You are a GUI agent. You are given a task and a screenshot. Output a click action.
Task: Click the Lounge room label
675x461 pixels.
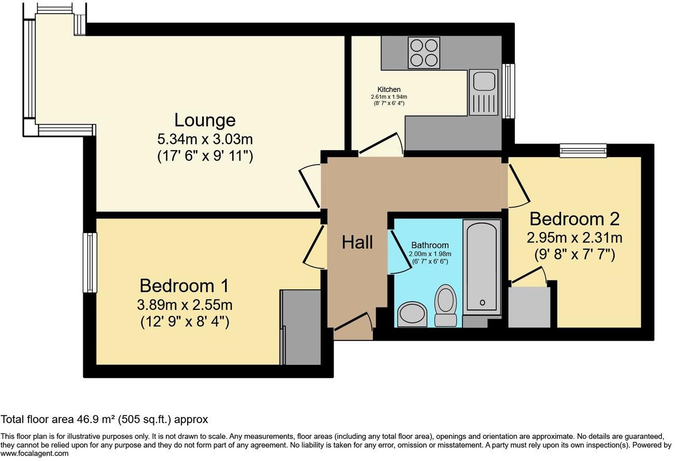pyautogui.click(x=205, y=120)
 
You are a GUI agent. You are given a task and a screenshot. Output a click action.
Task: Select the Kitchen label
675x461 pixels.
pyautogui.click(x=389, y=89)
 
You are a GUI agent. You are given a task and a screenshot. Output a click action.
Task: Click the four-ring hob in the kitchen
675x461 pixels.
pyautogui.click(x=424, y=53)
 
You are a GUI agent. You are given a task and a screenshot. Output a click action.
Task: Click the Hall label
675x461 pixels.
pyautogui.click(x=357, y=242)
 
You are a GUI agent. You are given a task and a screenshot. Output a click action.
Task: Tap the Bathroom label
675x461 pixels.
pyautogui.click(x=430, y=245)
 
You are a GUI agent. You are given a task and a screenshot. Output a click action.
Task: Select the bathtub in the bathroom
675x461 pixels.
pyautogui.click(x=482, y=266)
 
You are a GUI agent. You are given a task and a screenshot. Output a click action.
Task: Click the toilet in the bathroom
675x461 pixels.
pyautogui.click(x=445, y=305)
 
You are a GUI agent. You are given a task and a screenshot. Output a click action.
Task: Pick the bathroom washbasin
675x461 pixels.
pyautogui.click(x=412, y=314)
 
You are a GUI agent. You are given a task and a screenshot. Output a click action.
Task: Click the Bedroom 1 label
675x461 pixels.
pyautogui.click(x=185, y=286)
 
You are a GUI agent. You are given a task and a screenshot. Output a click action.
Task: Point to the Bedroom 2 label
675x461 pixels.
pyautogui.click(x=574, y=219)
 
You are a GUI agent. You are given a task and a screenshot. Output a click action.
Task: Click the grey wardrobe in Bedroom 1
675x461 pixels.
pyautogui.click(x=301, y=327)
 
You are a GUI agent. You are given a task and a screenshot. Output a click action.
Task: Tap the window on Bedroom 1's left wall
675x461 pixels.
pyautogui.click(x=90, y=263)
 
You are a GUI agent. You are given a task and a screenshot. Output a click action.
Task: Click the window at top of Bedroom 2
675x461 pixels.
pyautogui.click(x=583, y=151)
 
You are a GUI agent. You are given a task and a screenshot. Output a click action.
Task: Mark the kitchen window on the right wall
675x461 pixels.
pyautogui.click(x=509, y=91)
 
